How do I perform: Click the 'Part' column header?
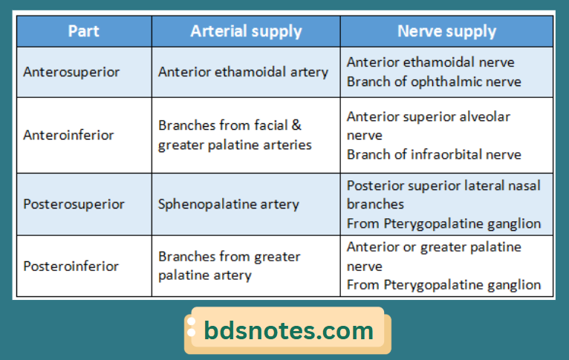84,31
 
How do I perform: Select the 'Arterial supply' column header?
246,31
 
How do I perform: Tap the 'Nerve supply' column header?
446,31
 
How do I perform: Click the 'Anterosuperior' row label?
71,72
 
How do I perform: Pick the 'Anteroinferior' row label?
68,135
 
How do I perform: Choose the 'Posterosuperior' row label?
74,204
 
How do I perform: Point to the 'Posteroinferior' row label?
71,266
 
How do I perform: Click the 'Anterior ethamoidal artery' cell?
243,72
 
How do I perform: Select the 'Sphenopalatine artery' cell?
229,204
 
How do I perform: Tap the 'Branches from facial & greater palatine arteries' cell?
235,135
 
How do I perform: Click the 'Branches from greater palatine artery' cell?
229,266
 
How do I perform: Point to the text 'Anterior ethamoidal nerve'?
430,62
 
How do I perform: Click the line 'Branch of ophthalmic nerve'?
434,82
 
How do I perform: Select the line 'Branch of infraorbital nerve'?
434,154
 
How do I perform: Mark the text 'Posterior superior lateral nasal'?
443,185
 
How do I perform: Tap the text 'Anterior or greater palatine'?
434,246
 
